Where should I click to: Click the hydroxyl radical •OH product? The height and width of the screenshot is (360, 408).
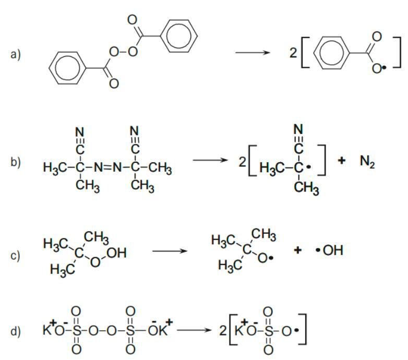331,251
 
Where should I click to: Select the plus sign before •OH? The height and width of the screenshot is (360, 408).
298,250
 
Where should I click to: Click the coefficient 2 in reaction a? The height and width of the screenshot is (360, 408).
295,53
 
